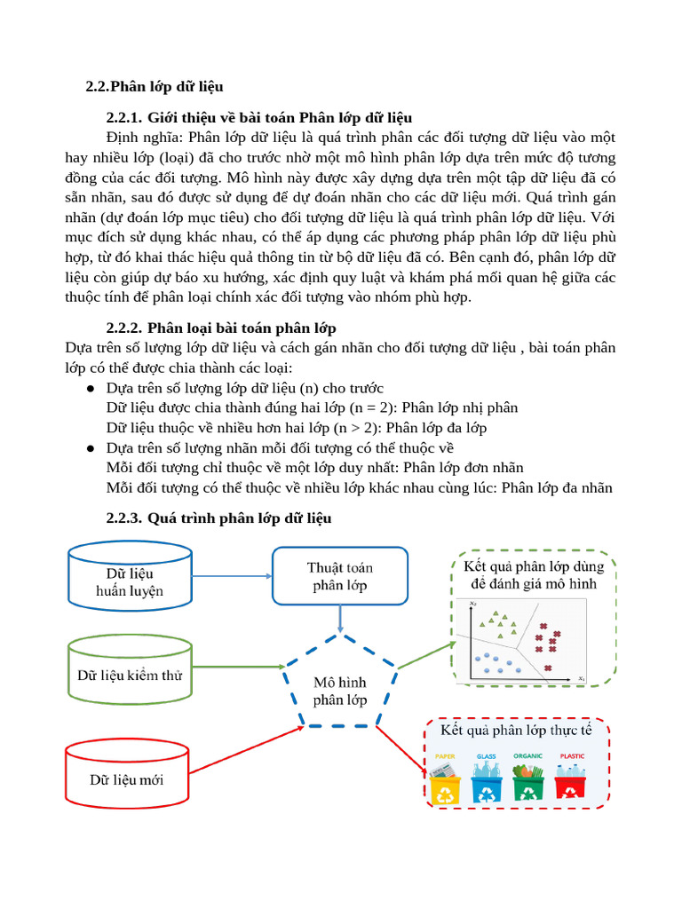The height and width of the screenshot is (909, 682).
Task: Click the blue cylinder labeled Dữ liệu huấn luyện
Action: [x=130, y=581]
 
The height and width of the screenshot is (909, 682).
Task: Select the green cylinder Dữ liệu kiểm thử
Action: [x=130, y=675]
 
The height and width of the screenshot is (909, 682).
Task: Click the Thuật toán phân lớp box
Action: [x=339, y=576]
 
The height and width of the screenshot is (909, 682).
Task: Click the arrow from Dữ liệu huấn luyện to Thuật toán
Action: [x=231, y=576]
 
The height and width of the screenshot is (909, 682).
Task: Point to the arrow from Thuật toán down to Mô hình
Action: [x=339, y=620]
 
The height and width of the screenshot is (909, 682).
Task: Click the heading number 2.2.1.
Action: [x=123, y=117]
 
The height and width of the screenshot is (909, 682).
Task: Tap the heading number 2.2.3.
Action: [x=123, y=518]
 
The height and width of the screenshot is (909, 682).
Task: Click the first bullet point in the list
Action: [x=91, y=389]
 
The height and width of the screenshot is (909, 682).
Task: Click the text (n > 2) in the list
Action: [x=356, y=428]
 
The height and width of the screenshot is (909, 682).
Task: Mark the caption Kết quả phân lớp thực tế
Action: [x=516, y=730]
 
